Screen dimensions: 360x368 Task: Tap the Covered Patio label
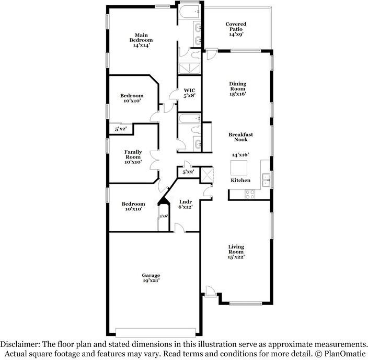(x=236, y=29)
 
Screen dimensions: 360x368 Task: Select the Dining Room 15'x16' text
(x=237, y=88)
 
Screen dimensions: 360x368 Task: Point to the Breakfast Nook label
(x=240, y=137)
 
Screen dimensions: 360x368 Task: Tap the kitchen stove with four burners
(x=250, y=193)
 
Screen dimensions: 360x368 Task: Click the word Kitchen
(x=240, y=181)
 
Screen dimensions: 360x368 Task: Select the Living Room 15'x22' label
(x=236, y=252)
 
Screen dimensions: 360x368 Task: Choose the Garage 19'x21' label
(x=151, y=278)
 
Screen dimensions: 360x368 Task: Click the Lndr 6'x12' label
(x=186, y=204)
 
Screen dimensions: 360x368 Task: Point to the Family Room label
(x=133, y=157)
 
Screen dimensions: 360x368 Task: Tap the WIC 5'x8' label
(x=189, y=93)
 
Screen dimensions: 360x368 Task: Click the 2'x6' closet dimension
(x=164, y=216)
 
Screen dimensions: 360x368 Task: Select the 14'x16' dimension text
(x=240, y=155)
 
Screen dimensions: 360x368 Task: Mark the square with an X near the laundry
(x=207, y=174)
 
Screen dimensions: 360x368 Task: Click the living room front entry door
(x=209, y=291)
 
